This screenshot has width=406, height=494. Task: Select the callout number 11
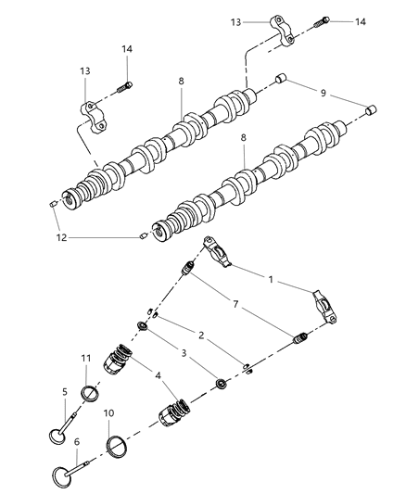(84, 357)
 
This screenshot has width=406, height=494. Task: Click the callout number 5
(66, 391)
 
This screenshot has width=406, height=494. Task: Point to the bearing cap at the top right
(284, 28)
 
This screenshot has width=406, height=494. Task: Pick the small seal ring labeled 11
(90, 394)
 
